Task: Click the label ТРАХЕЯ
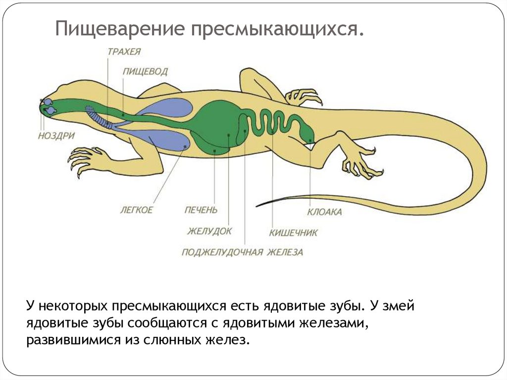(124, 52)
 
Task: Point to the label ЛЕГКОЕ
(136, 210)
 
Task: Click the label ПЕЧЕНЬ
(201, 210)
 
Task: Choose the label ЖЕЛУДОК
(209, 231)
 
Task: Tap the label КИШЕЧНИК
(293, 233)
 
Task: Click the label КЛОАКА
(324, 212)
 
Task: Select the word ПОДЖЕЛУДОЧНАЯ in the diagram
(222, 252)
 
